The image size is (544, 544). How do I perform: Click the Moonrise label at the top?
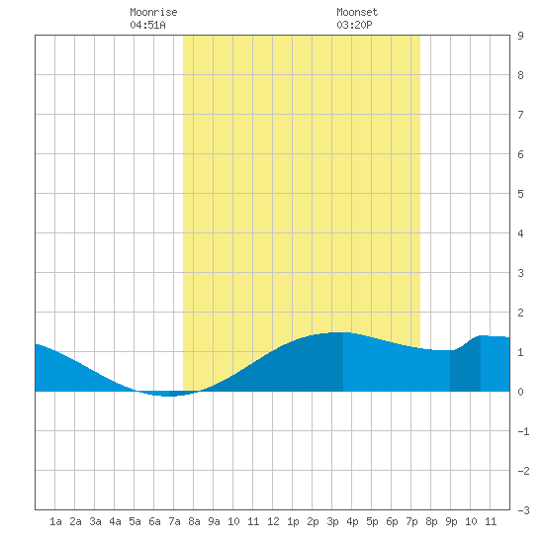(153, 12)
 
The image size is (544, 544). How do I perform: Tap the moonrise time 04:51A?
(147, 25)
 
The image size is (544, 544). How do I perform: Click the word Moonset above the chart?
(357, 12)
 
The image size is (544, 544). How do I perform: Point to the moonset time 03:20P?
(354, 25)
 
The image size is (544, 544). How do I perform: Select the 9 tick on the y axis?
(520, 36)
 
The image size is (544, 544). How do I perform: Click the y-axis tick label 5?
(520, 194)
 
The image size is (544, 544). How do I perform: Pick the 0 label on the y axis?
(520, 392)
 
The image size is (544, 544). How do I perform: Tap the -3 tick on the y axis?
(524, 510)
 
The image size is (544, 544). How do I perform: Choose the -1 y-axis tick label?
(524, 431)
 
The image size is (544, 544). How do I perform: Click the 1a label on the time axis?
(55, 521)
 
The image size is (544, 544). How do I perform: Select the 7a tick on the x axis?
(174, 521)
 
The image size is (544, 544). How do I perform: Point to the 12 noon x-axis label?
(273, 521)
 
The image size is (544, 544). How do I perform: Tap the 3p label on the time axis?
(332, 521)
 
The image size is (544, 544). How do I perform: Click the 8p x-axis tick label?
(431, 521)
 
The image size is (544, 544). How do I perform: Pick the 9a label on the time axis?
(214, 521)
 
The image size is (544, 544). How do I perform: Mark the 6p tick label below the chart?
(392, 521)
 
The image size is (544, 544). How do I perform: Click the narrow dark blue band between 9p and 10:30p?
(465, 368)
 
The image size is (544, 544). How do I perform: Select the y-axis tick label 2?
(520, 313)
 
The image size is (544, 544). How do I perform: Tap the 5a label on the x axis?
(135, 521)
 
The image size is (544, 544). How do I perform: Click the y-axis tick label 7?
(520, 115)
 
